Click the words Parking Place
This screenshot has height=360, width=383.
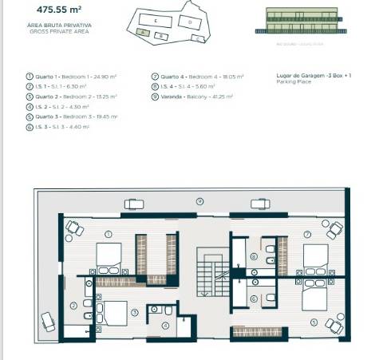click(x=291, y=82)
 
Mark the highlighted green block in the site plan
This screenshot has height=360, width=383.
click(x=141, y=31)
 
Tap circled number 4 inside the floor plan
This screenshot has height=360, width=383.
click(x=166, y=326)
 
